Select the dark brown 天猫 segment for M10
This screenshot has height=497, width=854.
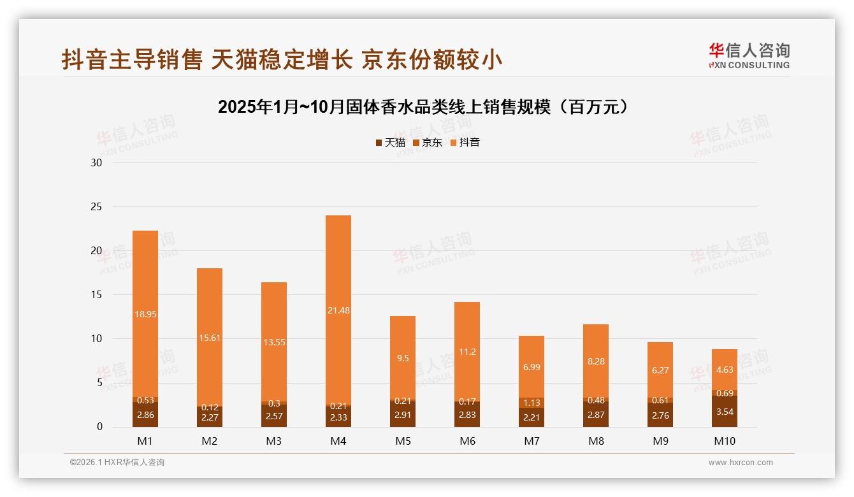coord(725,412)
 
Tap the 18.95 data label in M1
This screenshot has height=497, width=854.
coord(145,313)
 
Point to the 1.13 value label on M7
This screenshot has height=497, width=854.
coord(532,402)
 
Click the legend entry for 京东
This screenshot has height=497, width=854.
coord(428,143)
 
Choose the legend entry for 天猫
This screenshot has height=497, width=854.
coord(390,143)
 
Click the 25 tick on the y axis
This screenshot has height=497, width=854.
coord(96,207)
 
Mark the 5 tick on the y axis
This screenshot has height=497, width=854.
coord(99,383)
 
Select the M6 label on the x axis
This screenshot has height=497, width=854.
coord(467,441)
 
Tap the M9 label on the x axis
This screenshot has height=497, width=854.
coord(660,441)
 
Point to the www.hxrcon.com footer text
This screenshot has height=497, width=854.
coord(740,463)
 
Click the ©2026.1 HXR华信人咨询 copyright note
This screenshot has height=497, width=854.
coord(117,463)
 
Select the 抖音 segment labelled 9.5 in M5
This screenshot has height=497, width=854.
coord(403,357)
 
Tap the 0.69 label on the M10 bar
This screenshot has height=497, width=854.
coord(725,393)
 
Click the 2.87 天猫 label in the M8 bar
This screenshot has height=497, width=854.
coord(596,415)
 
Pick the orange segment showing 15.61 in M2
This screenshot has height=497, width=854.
coord(210,338)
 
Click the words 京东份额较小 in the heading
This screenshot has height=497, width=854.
coord(432,60)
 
